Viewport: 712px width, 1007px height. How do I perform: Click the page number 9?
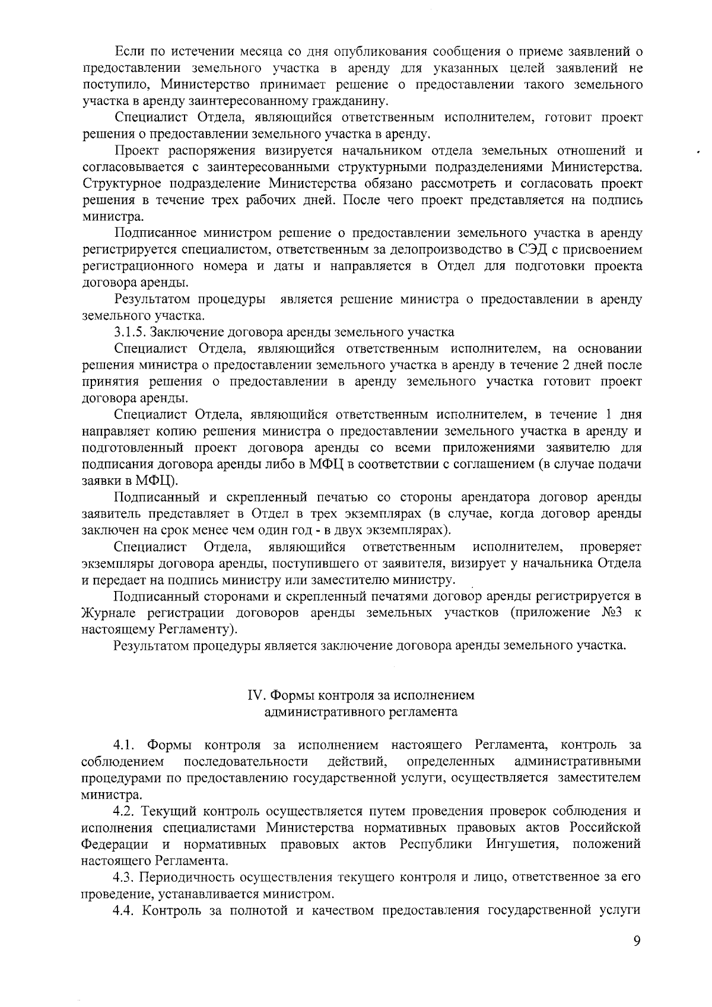pyautogui.click(x=637, y=942)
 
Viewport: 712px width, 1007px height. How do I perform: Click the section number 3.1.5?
pyautogui.click(x=131, y=332)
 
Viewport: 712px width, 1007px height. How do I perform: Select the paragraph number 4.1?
pyautogui.click(x=125, y=744)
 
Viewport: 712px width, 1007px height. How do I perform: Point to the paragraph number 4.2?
pyautogui.click(x=125, y=811)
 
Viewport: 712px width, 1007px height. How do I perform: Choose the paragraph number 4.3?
pyautogui.click(x=125, y=876)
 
